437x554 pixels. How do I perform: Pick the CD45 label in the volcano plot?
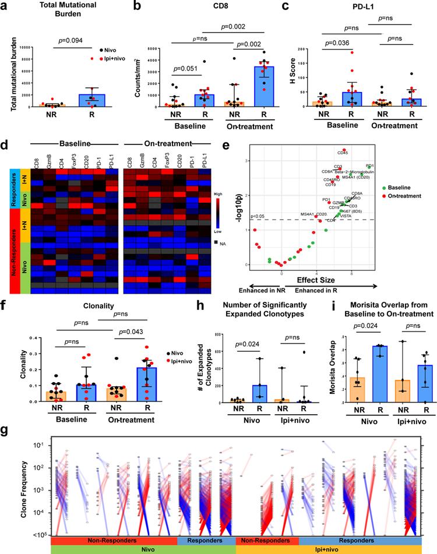pyautogui.click(x=343, y=153)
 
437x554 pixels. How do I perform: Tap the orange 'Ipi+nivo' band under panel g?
pyautogui.click(x=329, y=549)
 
